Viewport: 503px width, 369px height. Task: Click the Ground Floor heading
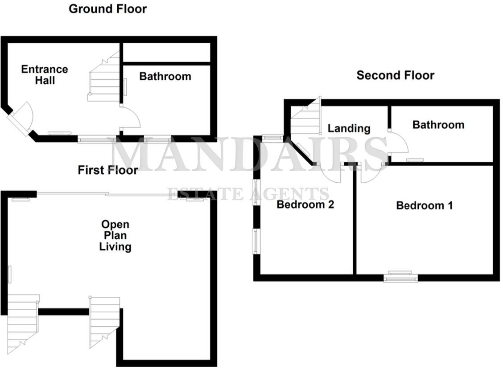tap(107, 9)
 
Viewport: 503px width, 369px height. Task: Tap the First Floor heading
tap(107, 170)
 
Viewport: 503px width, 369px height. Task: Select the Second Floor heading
tap(395, 75)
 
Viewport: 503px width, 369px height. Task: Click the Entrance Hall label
tap(45, 75)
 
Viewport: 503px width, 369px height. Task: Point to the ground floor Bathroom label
tap(165, 77)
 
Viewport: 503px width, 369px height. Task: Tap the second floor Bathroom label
tap(438, 125)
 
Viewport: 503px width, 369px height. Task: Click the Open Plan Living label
tap(115, 235)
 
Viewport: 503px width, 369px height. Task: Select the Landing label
tap(349, 128)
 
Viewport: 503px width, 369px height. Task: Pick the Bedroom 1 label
tap(424, 205)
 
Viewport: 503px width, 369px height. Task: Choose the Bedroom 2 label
tap(305, 205)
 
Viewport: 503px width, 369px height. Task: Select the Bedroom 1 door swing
tap(369, 174)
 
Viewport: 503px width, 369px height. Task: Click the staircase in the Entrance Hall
tap(104, 79)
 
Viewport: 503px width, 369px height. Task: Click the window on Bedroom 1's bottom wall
tap(400, 277)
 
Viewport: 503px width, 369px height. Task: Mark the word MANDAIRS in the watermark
tap(247, 154)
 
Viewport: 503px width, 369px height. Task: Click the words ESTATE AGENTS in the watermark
tap(248, 194)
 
